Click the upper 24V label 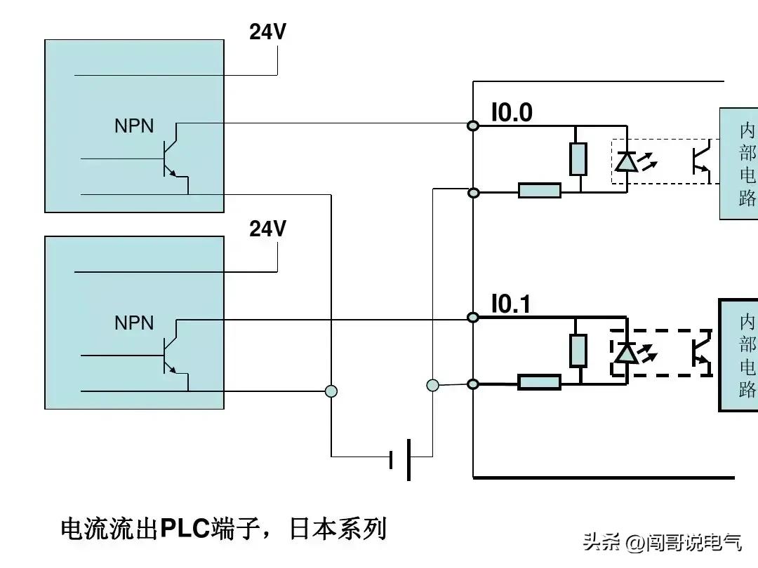[267, 32]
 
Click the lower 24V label [267, 229]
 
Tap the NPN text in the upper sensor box [134, 126]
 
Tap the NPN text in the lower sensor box [134, 323]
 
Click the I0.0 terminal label [512, 113]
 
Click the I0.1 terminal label [511, 304]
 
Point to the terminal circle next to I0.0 [474, 126]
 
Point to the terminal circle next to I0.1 [474, 318]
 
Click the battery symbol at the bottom [401, 459]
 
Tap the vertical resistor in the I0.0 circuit [578, 158]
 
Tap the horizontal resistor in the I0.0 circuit [540, 190]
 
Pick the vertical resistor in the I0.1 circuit [578, 351]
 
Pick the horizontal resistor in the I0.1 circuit [540, 382]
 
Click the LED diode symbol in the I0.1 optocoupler [625, 353]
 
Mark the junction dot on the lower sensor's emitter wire [331, 391]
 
